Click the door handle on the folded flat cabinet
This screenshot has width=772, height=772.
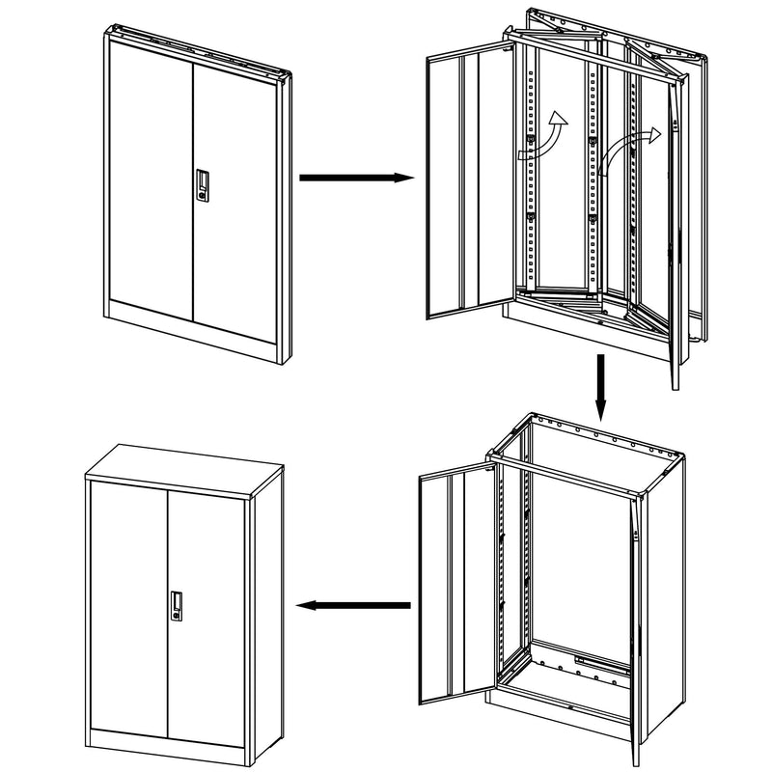pos(202,185)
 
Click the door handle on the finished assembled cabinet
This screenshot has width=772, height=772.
pos(178,604)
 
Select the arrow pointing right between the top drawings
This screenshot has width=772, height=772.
pos(357,178)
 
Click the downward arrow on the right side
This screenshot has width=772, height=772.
pos(599,387)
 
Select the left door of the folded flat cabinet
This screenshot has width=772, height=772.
pos(150,174)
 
